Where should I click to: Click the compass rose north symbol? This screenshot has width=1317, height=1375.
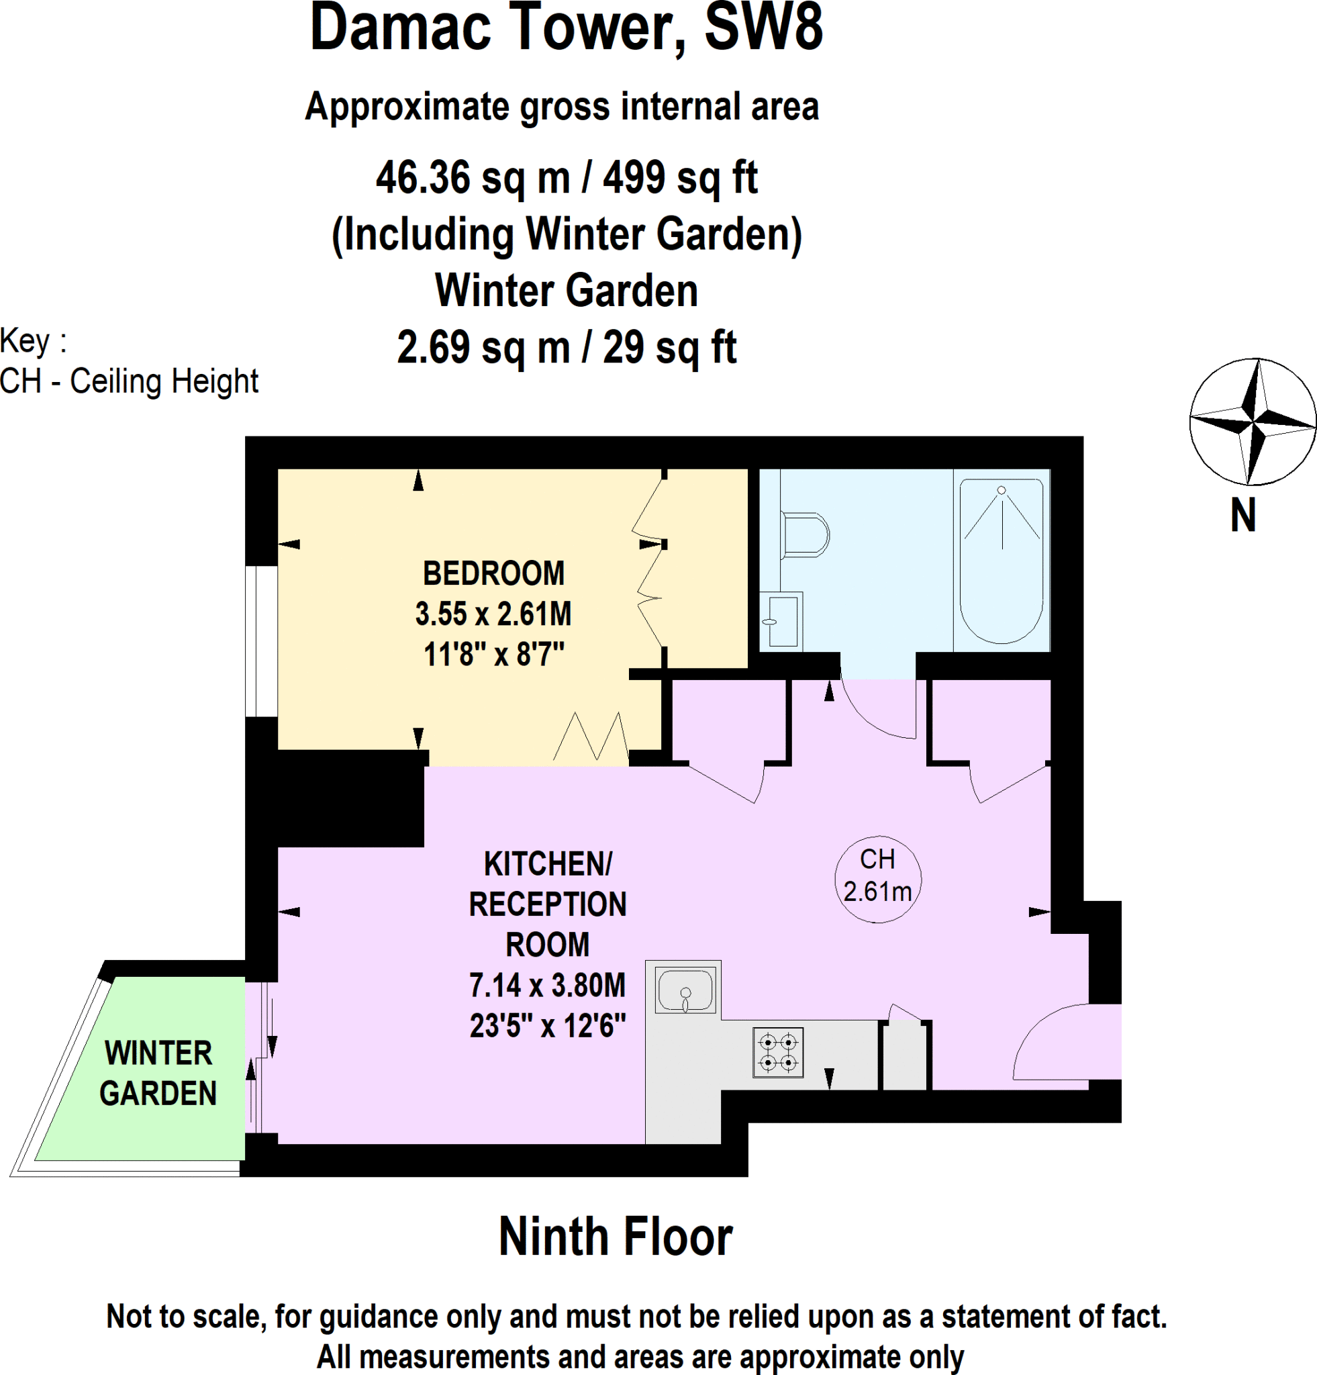[1253, 422]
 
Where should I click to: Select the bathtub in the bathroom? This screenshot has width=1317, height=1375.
[1002, 561]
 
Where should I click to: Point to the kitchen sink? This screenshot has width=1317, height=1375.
[685, 990]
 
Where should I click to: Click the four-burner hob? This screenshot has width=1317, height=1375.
[778, 1052]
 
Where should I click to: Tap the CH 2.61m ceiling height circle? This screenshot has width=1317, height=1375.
[877, 879]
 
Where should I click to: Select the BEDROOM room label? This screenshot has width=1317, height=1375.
[493, 574]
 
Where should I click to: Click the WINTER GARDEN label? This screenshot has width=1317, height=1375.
[158, 1074]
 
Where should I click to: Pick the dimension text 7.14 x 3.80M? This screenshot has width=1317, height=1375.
[547, 986]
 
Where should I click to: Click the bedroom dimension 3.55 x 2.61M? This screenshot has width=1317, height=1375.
[493, 614]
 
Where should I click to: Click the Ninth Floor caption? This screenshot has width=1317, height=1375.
[615, 1236]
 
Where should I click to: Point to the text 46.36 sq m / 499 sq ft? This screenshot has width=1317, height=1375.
[566, 177]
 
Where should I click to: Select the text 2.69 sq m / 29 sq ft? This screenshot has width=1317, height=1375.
[566, 347]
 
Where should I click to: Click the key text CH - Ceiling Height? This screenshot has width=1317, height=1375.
[130, 381]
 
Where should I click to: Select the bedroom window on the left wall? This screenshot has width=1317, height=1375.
[261, 641]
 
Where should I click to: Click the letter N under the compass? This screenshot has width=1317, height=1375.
[1242, 516]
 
